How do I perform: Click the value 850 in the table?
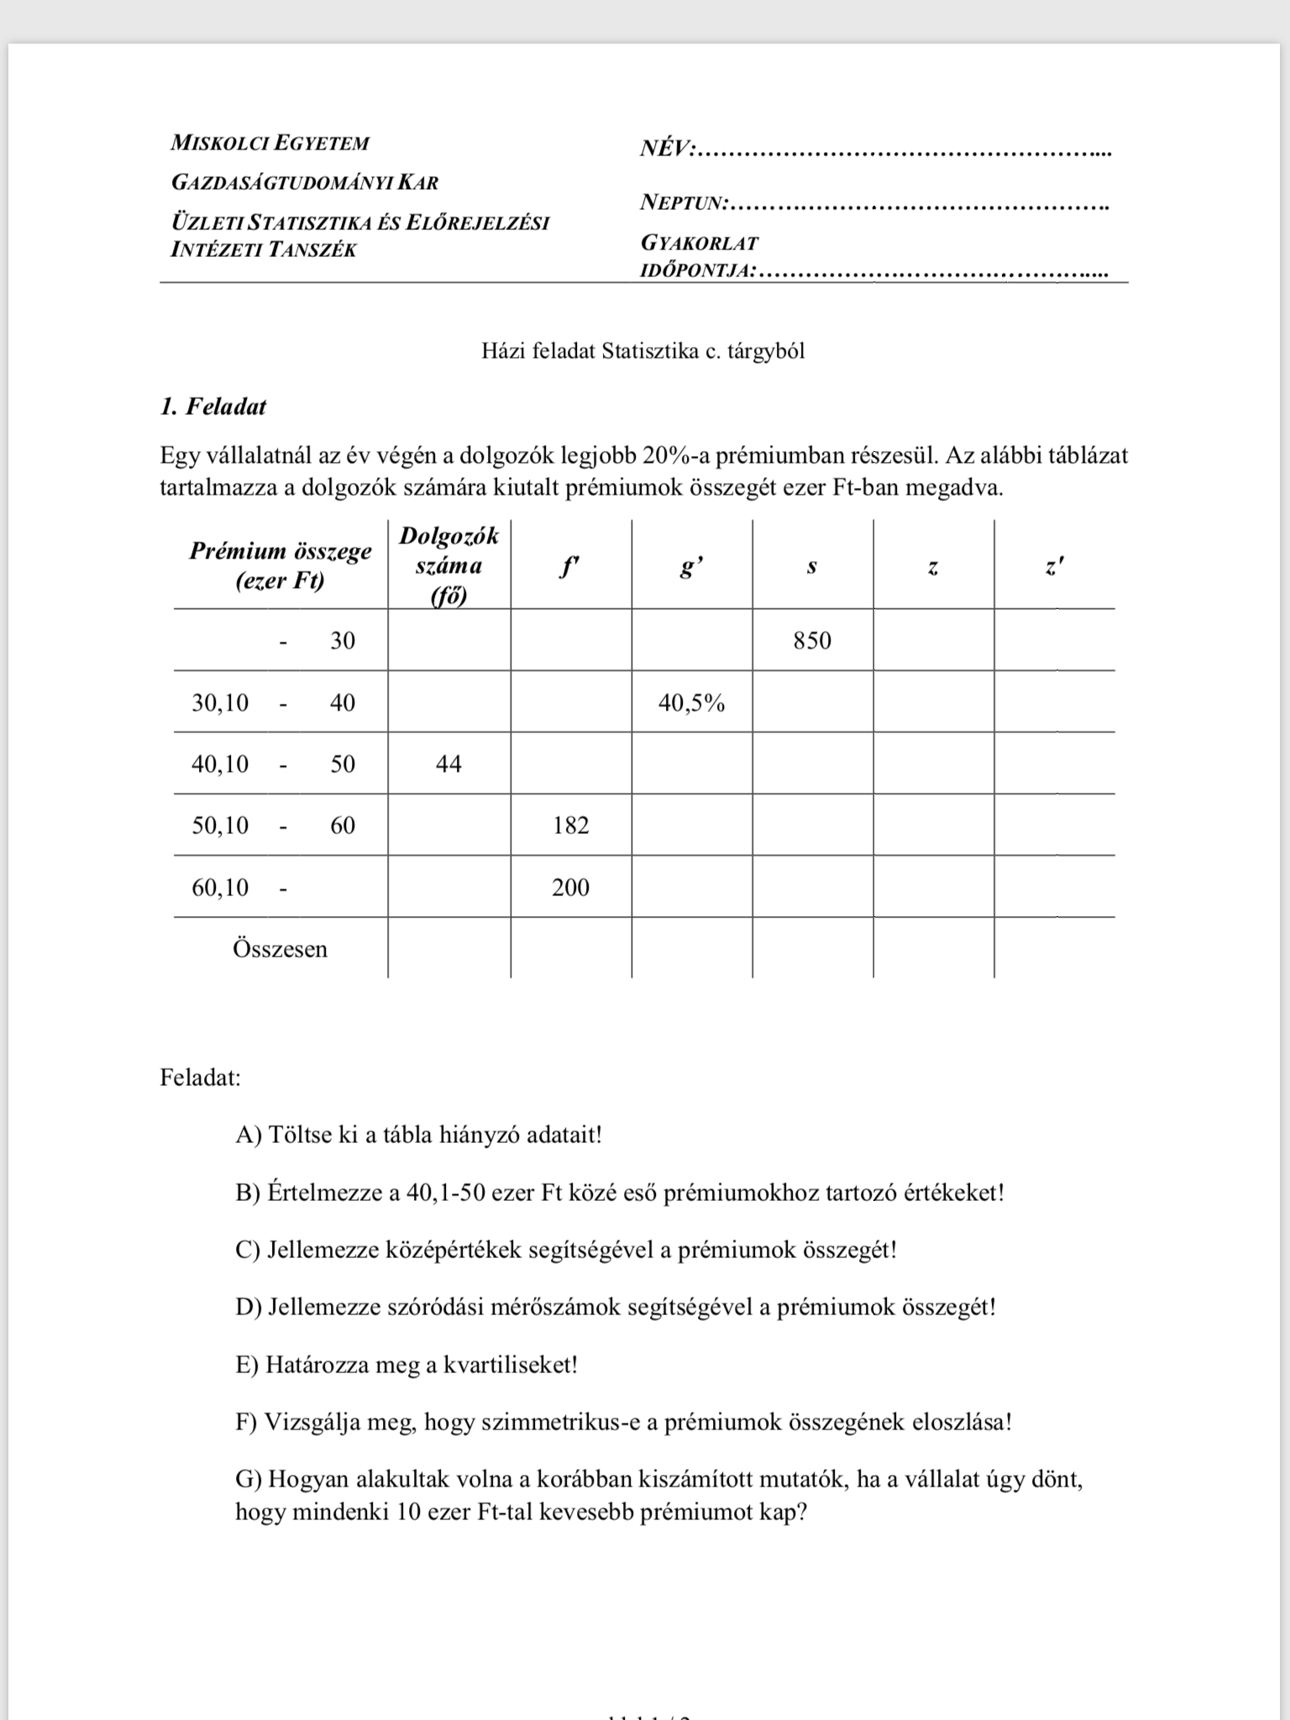point(812,641)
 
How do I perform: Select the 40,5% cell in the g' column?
point(691,703)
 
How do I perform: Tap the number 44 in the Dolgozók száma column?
point(448,764)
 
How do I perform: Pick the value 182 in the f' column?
point(570,826)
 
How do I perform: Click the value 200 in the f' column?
point(570,888)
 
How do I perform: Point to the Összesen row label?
point(280,949)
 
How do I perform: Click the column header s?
point(811,566)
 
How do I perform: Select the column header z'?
point(1054,567)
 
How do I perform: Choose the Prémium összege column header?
point(280,565)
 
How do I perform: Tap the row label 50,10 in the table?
point(220,826)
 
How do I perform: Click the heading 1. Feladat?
point(212,406)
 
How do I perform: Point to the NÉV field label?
point(668,149)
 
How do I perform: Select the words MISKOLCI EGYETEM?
point(270,143)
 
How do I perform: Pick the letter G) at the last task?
point(249,1479)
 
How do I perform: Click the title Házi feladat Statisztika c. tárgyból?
point(642,350)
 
